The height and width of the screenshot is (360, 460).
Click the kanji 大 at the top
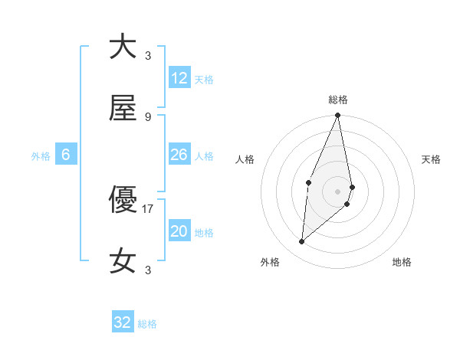(x=123, y=46)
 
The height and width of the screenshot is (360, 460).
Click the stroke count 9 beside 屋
(x=148, y=116)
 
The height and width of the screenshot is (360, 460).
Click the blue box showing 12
(x=179, y=78)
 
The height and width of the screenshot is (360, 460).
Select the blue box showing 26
(x=179, y=155)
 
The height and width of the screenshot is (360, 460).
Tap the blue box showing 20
(x=179, y=231)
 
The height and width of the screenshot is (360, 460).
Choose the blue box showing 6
(x=66, y=155)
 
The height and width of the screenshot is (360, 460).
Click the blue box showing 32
(x=123, y=322)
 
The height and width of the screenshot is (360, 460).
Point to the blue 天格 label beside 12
(x=204, y=80)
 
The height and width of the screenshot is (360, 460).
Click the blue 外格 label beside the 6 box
(x=41, y=156)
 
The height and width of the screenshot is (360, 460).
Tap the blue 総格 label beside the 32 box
(x=147, y=324)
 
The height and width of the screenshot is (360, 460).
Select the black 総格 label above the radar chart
(x=338, y=100)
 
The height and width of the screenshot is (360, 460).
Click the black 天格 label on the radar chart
(x=432, y=159)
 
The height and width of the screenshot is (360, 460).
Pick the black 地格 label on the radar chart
(x=402, y=262)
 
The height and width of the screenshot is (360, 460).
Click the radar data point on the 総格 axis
(x=337, y=116)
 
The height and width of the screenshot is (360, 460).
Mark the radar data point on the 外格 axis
(x=302, y=242)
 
